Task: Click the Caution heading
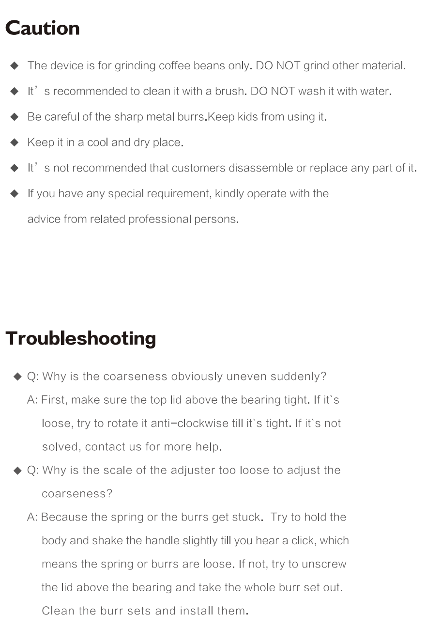[43, 28]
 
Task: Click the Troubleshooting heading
[81, 338]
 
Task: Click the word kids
[247, 117]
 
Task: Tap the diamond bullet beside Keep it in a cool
[15, 142]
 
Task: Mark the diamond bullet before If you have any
[15, 194]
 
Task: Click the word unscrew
[324, 564]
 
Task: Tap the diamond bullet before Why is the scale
[18, 471]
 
